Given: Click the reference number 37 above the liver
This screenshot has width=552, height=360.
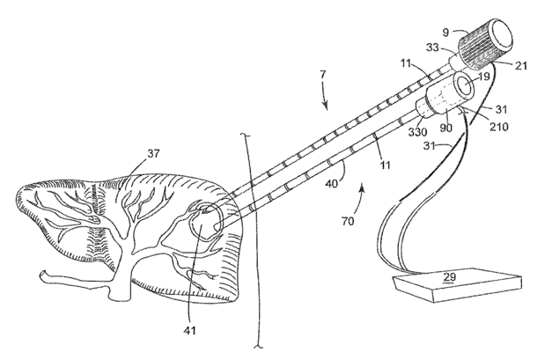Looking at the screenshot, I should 155,154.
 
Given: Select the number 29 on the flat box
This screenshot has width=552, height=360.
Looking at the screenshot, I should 449,277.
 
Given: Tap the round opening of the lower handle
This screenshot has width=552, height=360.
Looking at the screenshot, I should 464,86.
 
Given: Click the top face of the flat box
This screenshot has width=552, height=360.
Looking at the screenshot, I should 449,279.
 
